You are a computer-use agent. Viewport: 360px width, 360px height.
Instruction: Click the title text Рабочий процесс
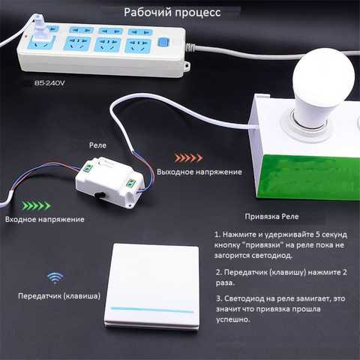click(x=172, y=13)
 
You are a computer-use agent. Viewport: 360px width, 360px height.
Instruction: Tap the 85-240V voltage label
click(x=49, y=83)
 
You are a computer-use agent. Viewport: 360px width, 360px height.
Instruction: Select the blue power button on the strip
click(x=163, y=42)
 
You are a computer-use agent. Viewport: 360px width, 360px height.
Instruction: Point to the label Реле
click(x=97, y=145)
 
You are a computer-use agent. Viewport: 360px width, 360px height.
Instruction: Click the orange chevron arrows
click(x=188, y=158)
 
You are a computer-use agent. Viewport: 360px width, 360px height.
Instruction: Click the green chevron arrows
click(x=37, y=205)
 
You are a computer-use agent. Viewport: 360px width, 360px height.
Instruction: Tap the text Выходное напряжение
click(x=199, y=172)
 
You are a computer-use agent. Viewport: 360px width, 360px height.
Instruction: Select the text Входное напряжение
click(x=45, y=220)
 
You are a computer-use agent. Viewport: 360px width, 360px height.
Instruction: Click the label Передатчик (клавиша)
click(x=59, y=296)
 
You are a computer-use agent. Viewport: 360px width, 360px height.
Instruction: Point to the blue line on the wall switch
click(x=152, y=310)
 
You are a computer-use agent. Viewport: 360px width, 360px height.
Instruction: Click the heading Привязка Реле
click(x=271, y=217)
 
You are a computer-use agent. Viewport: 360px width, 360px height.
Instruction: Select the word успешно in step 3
click(x=233, y=319)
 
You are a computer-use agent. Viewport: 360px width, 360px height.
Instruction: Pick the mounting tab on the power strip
click(x=187, y=66)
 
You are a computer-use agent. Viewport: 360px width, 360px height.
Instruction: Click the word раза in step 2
click(x=225, y=283)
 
